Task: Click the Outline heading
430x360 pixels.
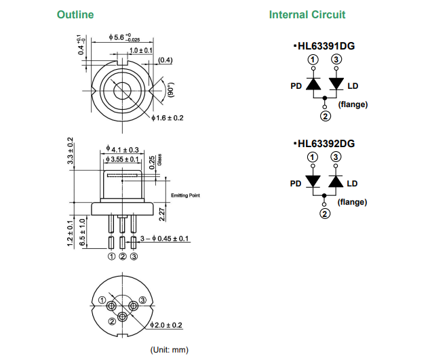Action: [x=75, y=15]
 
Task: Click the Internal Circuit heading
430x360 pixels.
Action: [x=307, y=15]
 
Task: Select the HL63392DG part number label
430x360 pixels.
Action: [x=326, y=144]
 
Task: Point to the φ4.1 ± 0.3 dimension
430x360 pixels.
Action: [x=123, y=149]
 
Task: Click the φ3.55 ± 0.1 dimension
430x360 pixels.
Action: [x=123, y=159]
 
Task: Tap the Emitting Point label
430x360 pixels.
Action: [x=185, y=195]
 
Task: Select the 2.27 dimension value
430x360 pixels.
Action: [x=161, y=214]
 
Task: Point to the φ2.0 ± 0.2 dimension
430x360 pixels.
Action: [x=166, y=325]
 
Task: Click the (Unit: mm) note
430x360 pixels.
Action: [x=169, y=350]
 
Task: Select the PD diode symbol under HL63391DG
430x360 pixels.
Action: [x=313, y=85]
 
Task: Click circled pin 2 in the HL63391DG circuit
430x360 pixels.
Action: [x=325, y=117]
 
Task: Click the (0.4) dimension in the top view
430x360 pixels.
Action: [x=165, y=60]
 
